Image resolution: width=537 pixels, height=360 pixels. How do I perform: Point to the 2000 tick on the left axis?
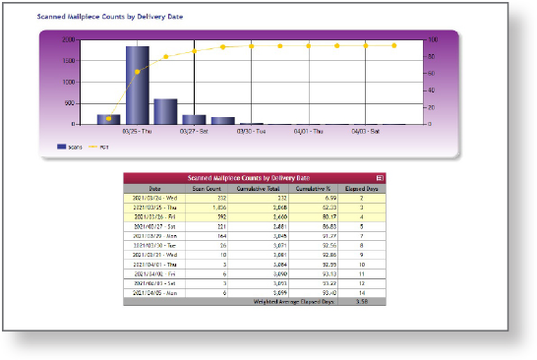(x=67, y=40)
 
